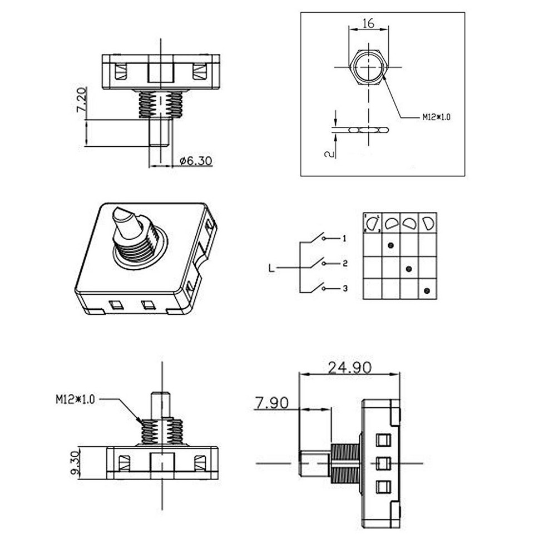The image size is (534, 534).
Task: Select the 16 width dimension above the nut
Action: click(x=368, y=23)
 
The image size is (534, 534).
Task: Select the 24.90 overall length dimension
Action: click(x=350, y=368)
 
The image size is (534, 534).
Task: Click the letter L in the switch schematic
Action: click(x=271, y=269)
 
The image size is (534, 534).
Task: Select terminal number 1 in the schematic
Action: click(x=345, y=238)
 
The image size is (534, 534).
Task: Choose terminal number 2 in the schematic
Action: click(x=345, y=263)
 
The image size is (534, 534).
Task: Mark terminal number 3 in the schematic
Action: click(x=345, y=288)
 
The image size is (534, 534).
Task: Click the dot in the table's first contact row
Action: click(x=391, y=245)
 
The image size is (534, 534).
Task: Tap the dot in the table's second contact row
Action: click(x=409, y=269)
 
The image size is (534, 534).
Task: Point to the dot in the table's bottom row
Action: click(x=427, y=291)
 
